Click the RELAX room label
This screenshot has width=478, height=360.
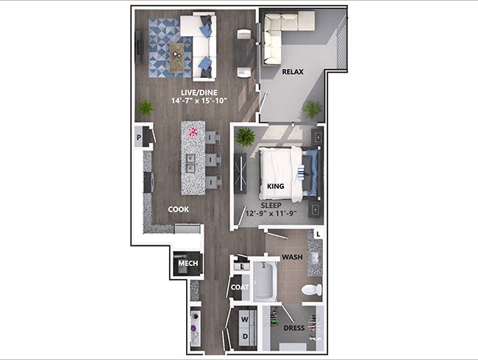click(293, 72)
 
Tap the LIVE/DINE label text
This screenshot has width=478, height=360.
click(199, 93)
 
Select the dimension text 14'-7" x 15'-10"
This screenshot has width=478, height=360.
click(199, 101)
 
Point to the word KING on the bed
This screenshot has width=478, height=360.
click(275, 186)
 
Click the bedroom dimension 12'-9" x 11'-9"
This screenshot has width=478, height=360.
click(271, 213)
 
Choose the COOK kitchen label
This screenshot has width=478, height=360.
click(179, 209)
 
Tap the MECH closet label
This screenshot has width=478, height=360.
click(188, 264)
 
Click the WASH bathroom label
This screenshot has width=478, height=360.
click(292, 257)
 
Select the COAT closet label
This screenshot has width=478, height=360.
click(240, 287)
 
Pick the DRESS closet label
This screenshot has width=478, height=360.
click(294, 328)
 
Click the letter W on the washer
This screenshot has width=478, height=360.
click(245, 320)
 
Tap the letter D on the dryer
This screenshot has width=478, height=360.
click(245, 336)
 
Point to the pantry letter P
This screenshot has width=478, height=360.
click(139, 137)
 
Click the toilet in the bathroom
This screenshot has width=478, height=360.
click(312, 289)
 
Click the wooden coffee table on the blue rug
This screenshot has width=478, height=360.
click(176, 57)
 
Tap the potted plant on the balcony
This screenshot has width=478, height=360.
click(312, 109)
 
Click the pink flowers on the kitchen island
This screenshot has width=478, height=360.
click(193, 132)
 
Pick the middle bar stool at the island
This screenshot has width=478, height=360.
click(213, 160)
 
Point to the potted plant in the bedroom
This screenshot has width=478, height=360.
click(246, 137)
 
